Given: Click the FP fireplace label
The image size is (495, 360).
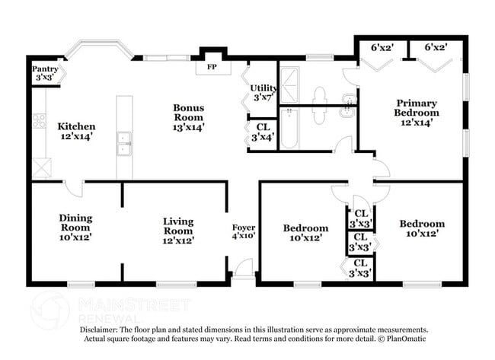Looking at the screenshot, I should tap(212, 67).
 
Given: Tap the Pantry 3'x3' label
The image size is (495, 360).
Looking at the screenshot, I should tap(45, 73).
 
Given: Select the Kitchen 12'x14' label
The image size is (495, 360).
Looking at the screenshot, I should tap(76, 132).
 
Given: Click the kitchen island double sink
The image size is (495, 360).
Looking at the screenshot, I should tap(123, 142).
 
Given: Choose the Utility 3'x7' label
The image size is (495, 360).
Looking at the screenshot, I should tap(263, 93).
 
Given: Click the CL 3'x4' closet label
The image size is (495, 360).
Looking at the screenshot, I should tap(263, 132).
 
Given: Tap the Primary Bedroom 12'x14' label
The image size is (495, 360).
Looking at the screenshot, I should tap(416, 113).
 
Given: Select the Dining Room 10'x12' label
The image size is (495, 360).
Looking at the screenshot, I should tap(75, 228).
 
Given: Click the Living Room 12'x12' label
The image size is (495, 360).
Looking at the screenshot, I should tap(178, 231).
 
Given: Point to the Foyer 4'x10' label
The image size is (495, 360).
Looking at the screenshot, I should tap(244, 232).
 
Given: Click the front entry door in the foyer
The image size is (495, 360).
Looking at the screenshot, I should tap(243, 269).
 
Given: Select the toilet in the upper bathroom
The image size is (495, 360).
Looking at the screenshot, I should tap(320, 94).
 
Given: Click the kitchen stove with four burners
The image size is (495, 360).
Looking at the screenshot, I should tap(39, 120).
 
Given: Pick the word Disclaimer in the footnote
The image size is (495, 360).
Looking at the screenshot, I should tap(101, 330).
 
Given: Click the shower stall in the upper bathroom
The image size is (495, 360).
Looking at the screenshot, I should tap(290, 84).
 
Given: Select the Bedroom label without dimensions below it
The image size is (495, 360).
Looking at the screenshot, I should tap(421, 224).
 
